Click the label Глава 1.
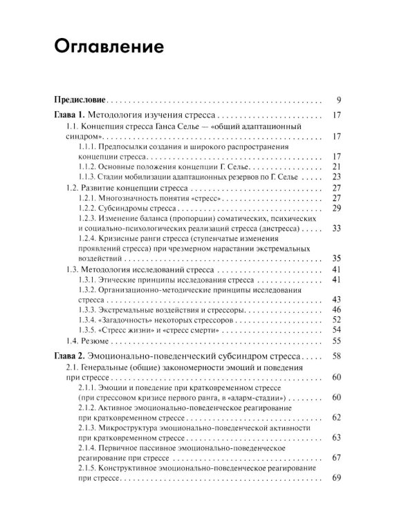69,115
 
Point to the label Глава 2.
69,356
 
